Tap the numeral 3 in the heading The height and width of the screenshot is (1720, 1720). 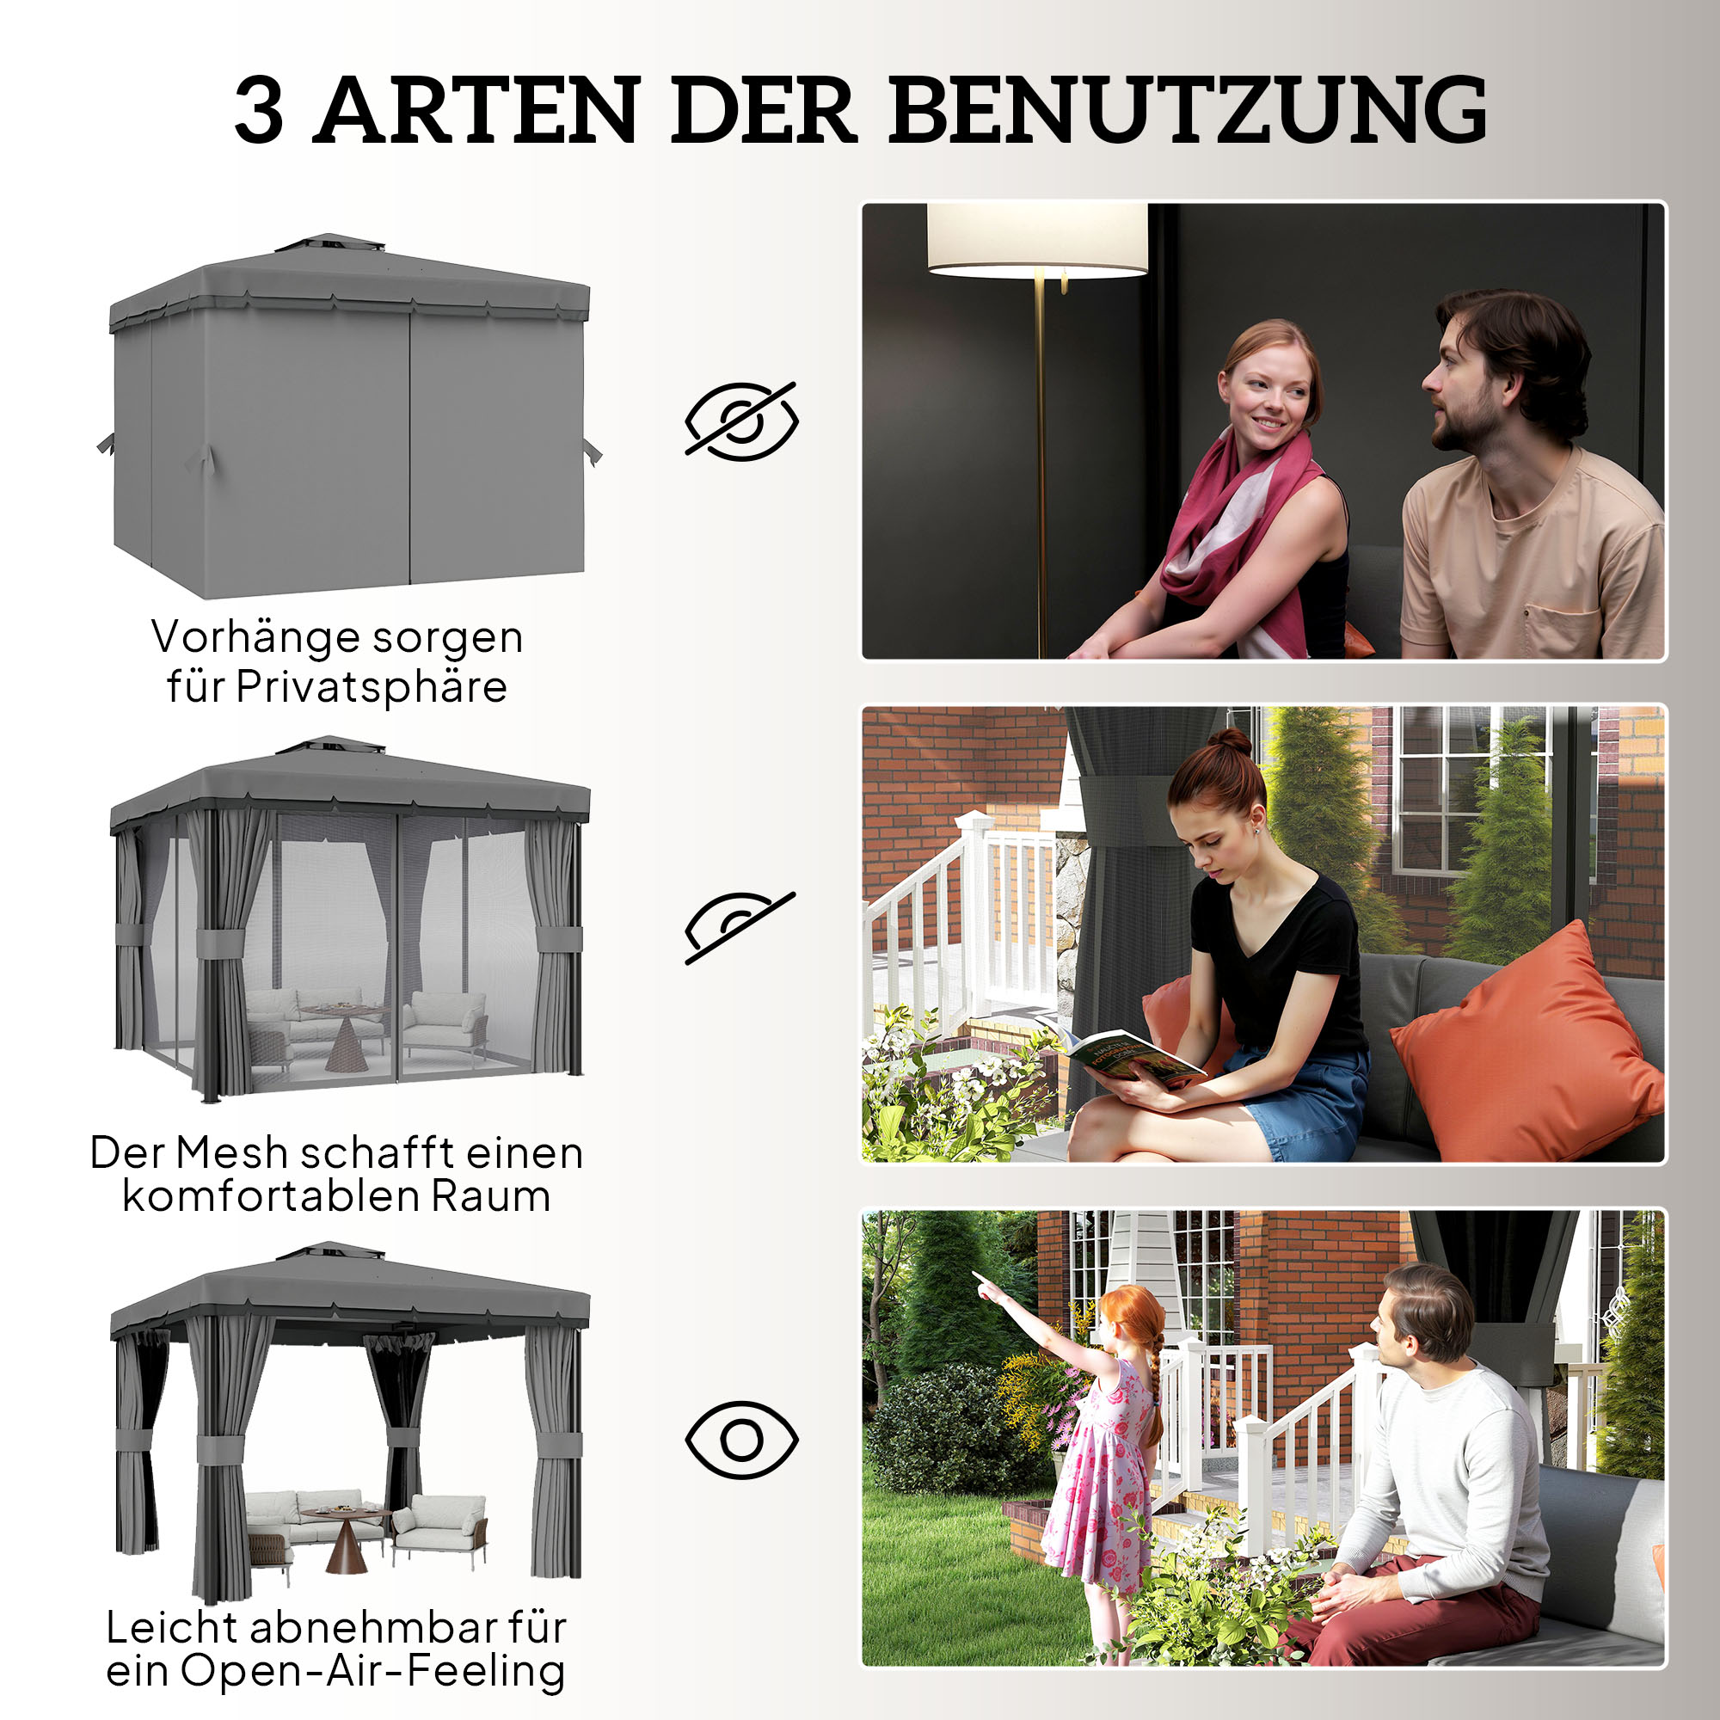pos(259,111)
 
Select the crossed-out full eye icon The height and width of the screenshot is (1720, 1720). pos(740,421)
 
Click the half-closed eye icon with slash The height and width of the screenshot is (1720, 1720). pos(739,927)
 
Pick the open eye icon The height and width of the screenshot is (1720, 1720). pos(740,1440)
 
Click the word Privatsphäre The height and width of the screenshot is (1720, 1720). pos(372,687)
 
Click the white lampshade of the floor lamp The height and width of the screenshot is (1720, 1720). pos(1037,238)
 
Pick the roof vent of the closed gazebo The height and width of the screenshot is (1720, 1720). pos(330,243)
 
